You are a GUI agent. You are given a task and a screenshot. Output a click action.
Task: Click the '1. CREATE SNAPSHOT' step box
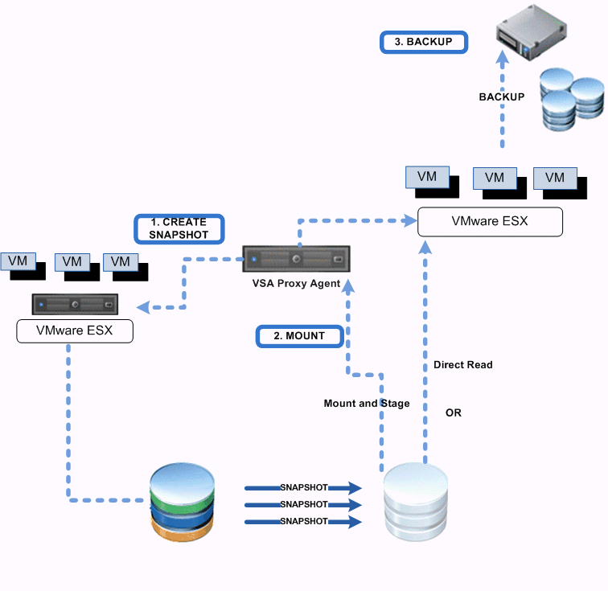pyautogui.click(x=178, y=228)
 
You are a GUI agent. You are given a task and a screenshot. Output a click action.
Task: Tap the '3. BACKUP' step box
pyautogui.click(x=423, y=43)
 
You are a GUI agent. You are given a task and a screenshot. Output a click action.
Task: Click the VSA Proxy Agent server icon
pyautogui.click(x=298, y=261)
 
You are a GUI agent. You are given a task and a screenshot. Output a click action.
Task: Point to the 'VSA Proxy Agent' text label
pyautogui.click(x=297, y=284)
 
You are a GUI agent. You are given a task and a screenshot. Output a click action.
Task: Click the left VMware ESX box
pyautogui.click(x=75, y=330)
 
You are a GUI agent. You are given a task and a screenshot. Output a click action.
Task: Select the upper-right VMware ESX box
pyautogui.click(x=489, y=221)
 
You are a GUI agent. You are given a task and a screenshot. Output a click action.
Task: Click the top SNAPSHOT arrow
pyautogui.click(x=303, y=487)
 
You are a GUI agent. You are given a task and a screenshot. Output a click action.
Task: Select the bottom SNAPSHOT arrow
pyautogui.click(x=303, y=522)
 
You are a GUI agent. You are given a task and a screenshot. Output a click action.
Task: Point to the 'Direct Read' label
pyautogui.click(x=462, y=365)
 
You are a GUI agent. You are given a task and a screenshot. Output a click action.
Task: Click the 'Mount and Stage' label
pyautogui.click(x=366, y=404)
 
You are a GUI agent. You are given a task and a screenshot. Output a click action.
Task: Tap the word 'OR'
pyautogui.click(x=454, y=413)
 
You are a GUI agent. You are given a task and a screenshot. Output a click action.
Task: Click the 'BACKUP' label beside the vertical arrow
pyautogui.click(x=501, y=97)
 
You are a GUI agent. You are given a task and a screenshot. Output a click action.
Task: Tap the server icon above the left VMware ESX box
pyautogui.click(x=75, y=305)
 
